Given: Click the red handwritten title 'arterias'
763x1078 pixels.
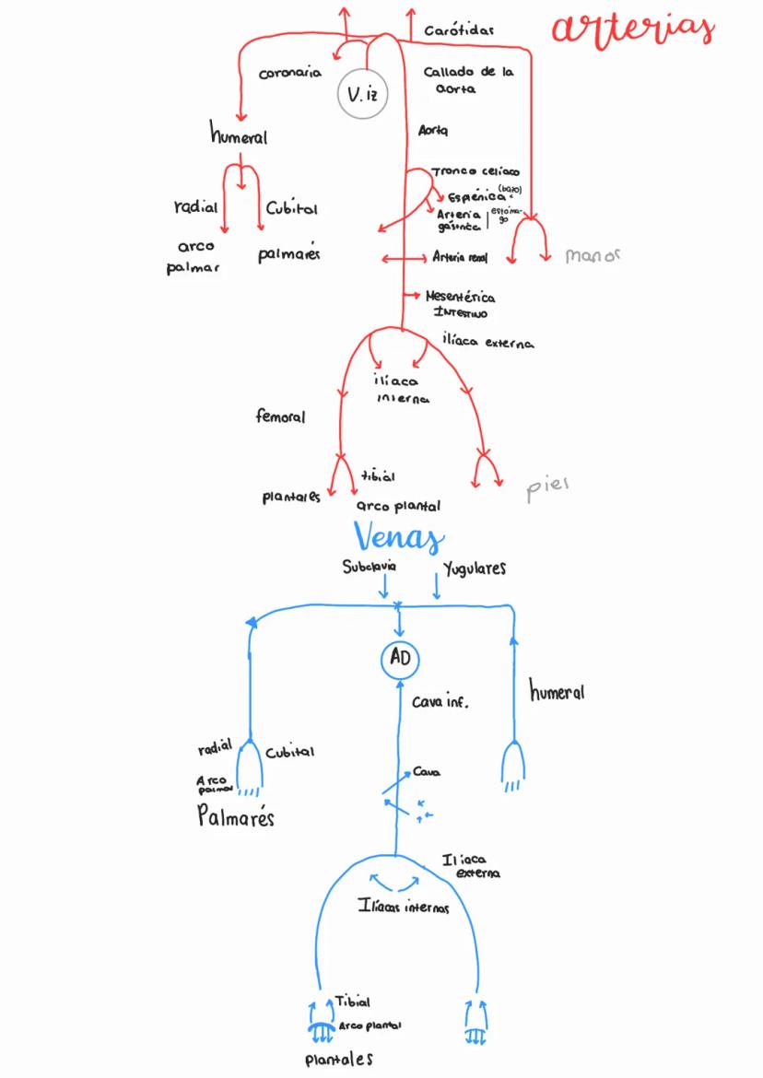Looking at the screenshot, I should point(633,28).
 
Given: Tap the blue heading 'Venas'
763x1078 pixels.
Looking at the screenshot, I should point(398,537).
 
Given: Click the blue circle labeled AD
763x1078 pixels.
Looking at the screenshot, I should point(400,658).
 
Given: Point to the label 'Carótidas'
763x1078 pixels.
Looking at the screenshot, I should point(458,30).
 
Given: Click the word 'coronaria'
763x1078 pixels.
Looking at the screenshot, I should point(289,75).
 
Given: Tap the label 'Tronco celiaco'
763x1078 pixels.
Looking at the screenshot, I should point(475,171).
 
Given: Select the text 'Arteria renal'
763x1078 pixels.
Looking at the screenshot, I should point(460,257).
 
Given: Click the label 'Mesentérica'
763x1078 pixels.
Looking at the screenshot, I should point(460,297).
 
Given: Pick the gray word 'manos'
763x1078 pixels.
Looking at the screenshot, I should point(593,255).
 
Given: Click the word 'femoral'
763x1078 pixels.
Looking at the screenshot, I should point(280,416).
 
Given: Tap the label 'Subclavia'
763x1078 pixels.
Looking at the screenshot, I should point(369,568).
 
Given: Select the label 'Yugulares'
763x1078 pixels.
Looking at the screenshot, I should point(475,568).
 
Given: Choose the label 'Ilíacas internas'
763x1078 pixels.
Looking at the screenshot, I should point(404,908).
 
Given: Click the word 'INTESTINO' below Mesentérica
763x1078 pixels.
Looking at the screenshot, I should point(460,314).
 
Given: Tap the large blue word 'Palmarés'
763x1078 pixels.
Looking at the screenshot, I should point(236,816).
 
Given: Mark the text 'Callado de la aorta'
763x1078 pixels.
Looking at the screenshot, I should point(468,80).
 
